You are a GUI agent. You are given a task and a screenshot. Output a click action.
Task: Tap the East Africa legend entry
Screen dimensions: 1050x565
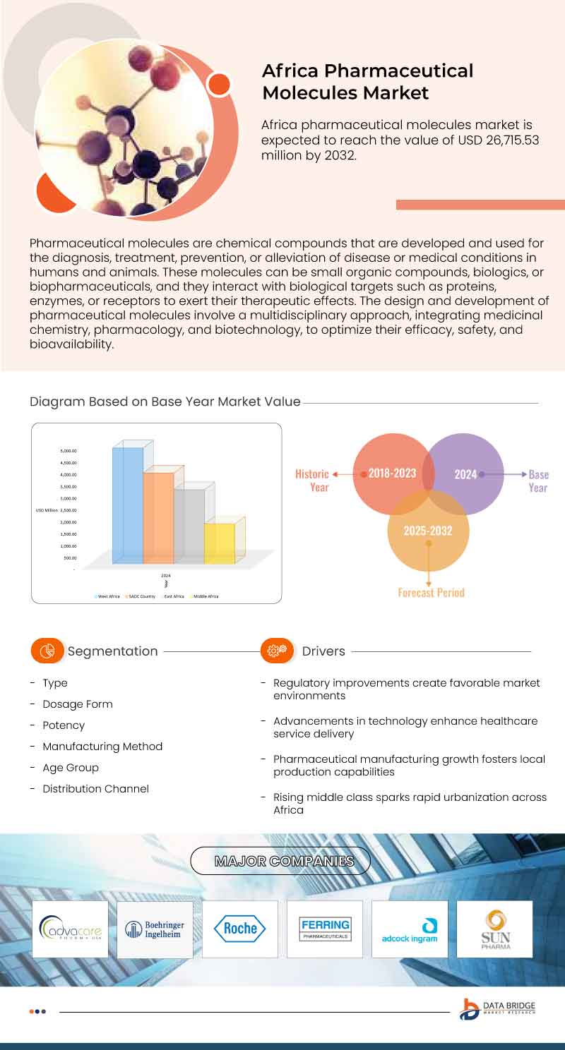pos(174,596)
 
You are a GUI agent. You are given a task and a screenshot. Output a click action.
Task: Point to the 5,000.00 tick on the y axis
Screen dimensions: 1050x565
pos(69,451)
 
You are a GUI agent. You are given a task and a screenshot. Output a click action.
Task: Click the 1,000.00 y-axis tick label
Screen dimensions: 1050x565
pos(69,546)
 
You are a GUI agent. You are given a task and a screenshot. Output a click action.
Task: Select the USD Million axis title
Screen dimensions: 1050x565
pos(47,510)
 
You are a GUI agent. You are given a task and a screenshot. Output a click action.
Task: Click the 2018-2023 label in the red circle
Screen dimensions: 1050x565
pos(392,474)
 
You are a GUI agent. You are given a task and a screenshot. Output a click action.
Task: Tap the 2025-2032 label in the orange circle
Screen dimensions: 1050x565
pos(428,531)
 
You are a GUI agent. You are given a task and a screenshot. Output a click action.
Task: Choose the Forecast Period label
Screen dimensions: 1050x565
pos(431,593)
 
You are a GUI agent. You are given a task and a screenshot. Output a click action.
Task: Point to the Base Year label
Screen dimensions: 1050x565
pos(538,481)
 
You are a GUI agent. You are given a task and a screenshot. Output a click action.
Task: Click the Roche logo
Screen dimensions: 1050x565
pos(240,929)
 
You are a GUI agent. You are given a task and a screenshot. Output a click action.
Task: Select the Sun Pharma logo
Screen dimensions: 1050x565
pos(494,929)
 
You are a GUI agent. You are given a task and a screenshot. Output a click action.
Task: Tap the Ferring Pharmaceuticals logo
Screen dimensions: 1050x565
pos(325,929)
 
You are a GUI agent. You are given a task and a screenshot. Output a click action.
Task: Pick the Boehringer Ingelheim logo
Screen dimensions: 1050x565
pos(155,929)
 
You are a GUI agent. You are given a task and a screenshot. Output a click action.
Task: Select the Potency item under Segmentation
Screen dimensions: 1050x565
pos(64,725)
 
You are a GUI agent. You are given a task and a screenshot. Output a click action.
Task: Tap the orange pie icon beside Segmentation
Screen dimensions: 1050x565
pos(47,651)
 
